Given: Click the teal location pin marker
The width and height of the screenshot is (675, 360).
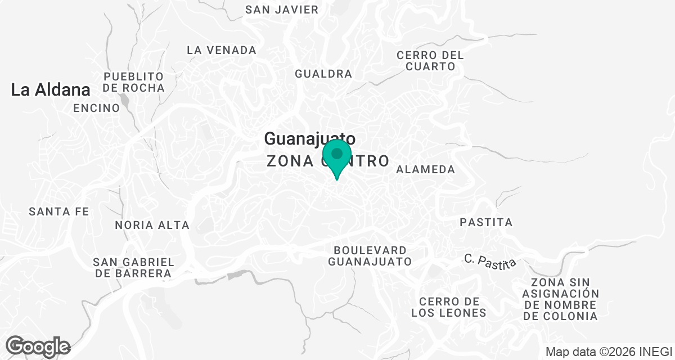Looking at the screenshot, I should point(337,157).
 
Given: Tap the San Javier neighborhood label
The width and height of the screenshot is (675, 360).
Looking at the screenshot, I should point(282,10).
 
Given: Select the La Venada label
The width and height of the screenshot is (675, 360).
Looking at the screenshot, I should point(222,50).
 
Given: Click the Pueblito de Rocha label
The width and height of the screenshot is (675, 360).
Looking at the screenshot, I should point(134,82).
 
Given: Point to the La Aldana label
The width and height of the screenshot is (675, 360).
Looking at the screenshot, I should point(51,90).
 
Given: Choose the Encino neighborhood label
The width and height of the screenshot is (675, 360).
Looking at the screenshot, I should point(96,108).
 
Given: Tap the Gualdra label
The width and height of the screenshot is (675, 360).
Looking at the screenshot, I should point(323,74).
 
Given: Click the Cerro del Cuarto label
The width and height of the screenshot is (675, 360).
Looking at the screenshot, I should point(430,61).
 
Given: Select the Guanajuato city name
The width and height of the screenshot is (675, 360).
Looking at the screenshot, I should point(309,138).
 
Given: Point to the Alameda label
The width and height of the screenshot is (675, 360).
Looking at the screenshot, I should point(425,169).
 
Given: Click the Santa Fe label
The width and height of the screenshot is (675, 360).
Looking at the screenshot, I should point(59,212).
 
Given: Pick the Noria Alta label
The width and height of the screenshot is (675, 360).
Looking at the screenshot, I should point(152,225).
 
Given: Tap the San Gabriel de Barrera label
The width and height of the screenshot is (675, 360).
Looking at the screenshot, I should point(133,268).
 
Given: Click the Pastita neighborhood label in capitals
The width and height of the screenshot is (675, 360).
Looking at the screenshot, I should point(486,222).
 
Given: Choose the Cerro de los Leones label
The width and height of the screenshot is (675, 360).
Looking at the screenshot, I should point(448,307).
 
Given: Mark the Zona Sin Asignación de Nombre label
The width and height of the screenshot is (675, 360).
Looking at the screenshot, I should point(560,299).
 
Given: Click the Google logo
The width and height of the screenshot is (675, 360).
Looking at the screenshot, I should point(38,346).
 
